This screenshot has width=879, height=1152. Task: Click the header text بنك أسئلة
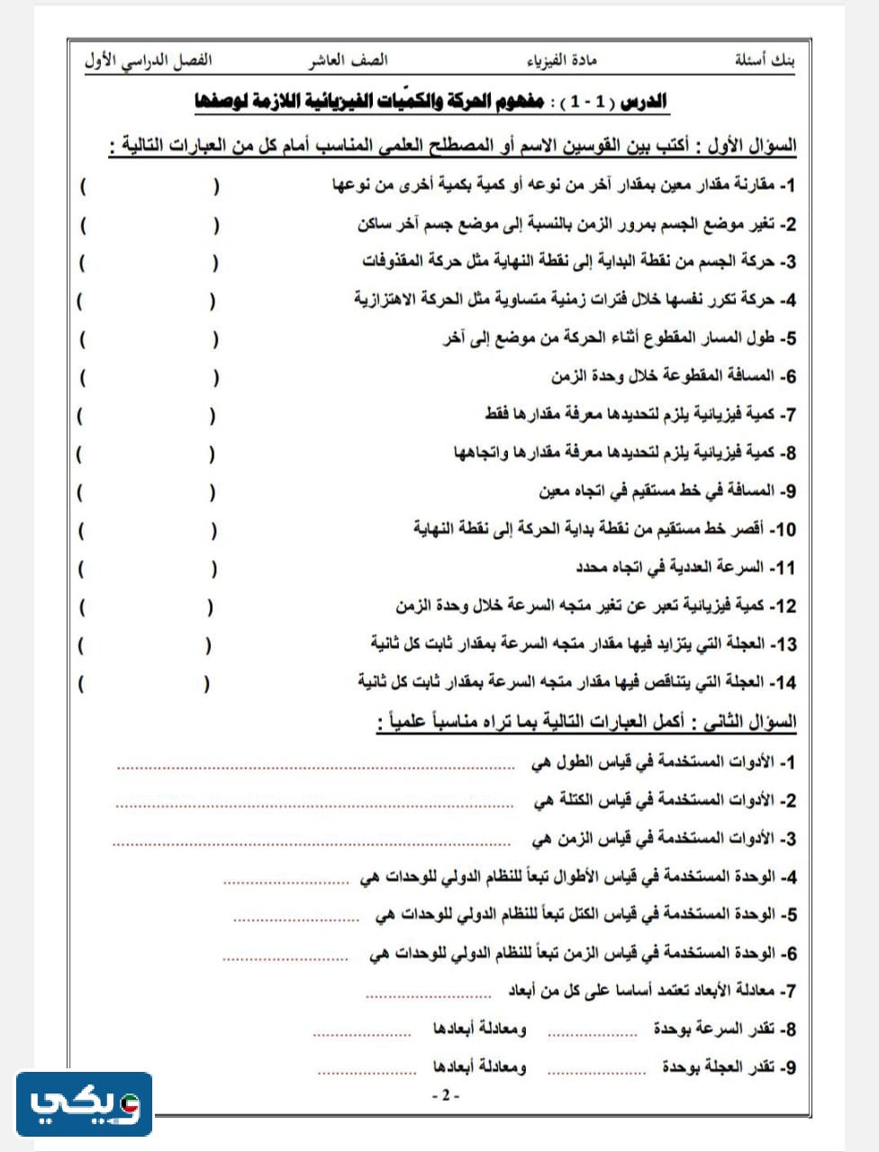click(x=765, y=61)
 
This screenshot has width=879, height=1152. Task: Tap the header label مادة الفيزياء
click(x=561, y=61)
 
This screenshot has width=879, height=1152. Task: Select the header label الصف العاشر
click(x=348, y=61)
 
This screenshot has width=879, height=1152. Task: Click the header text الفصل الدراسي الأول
click(x=148, y=61)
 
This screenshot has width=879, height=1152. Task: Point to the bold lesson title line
click(x=430, y=101)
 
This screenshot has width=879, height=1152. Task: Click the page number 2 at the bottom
click(x=445, y=1096)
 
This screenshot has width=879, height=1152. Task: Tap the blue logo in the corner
click(x=85, y=1103)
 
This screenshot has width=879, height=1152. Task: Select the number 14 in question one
click(x=784, y=683)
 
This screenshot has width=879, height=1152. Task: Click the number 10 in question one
click(x=784, y=530)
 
